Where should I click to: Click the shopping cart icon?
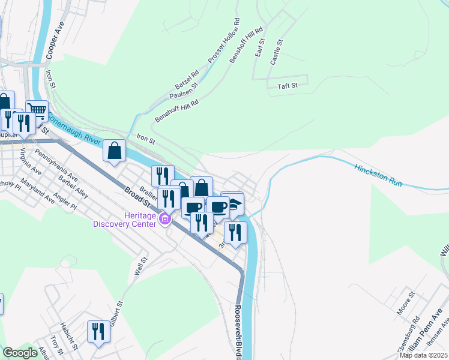tap(37, 110)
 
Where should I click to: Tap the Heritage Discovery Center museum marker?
tap(165, 221)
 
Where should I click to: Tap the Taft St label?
tap(288, 86)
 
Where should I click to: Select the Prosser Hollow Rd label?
tap(224, 41)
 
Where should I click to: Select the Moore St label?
tap(407, 303)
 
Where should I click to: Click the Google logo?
tap(20, 353)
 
